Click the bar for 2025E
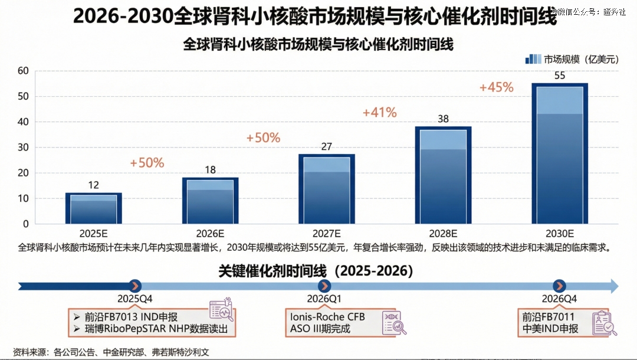click(94, 208)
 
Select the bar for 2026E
click(210, 201)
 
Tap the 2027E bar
click(326, 189)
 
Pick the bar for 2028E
click(443, 175)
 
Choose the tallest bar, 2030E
click(560, 153)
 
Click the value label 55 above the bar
click(560, 76)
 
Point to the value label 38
click(443, 119)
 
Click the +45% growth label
click(496, 87)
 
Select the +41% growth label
click(379, 112)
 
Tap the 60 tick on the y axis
click(23, 71)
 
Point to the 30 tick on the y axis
click(23, 148)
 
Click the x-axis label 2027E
click(326, 233)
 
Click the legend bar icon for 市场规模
click(533, 59)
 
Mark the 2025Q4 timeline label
click(135, 299)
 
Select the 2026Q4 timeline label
click(560, 299)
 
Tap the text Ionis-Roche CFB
click(327, 317)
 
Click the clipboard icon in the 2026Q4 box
click(604, 323)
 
